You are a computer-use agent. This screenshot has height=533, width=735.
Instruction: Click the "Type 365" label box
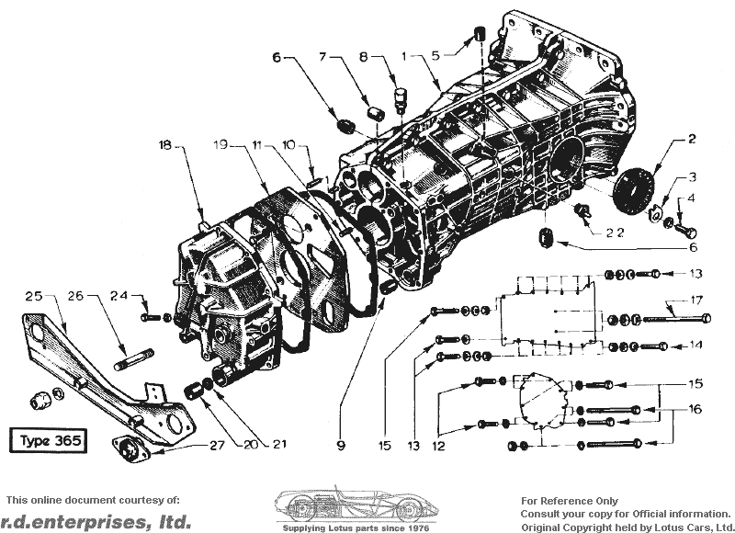[49, 440]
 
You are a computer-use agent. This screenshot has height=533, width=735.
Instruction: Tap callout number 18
[165, 145]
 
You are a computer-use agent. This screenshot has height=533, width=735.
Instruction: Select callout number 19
[220, 144]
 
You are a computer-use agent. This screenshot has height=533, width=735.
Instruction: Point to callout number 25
[34, 296]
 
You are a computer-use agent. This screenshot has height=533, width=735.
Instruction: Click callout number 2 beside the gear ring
[692, 139]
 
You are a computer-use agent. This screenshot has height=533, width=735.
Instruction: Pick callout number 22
[615, 233]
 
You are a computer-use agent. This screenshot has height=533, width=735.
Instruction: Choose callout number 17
[696, 300]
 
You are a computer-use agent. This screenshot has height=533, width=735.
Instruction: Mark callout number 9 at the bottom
[341, 446]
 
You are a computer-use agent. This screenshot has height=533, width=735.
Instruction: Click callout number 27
[217, 445]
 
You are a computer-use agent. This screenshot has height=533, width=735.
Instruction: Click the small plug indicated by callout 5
[479, 34]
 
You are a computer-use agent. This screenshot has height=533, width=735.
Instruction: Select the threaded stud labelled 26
[133, 361]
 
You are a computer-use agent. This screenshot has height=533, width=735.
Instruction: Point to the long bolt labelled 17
[677, 319]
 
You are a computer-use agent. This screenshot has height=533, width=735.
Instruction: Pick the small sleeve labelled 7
[375, 114]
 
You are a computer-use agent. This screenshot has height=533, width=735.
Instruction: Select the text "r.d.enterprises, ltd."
[96, 522]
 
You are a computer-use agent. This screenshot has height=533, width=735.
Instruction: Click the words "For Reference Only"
[570, 501]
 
